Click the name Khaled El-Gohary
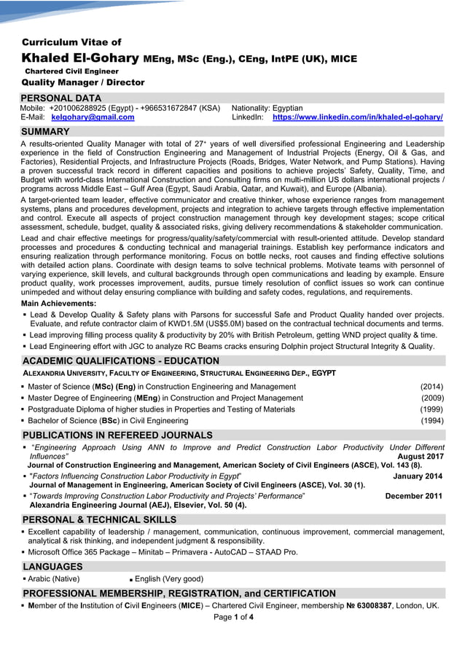point(80,58)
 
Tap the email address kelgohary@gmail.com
point(93,117)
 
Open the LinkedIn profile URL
point(357,117)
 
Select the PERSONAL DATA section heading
point(61,98)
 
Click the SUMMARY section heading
point(46,132)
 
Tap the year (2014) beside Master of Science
point(431,387)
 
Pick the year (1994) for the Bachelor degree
point(431,421)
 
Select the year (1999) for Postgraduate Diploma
point(431,409)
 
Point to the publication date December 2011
point(413,496)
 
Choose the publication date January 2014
point(417,476)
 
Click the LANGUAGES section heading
point(52,567)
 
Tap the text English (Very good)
point(169,579)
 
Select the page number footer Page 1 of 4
point(233,618)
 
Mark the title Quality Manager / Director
point(83,83)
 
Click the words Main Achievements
point(58,303)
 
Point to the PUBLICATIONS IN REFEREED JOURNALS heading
point(117,436)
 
